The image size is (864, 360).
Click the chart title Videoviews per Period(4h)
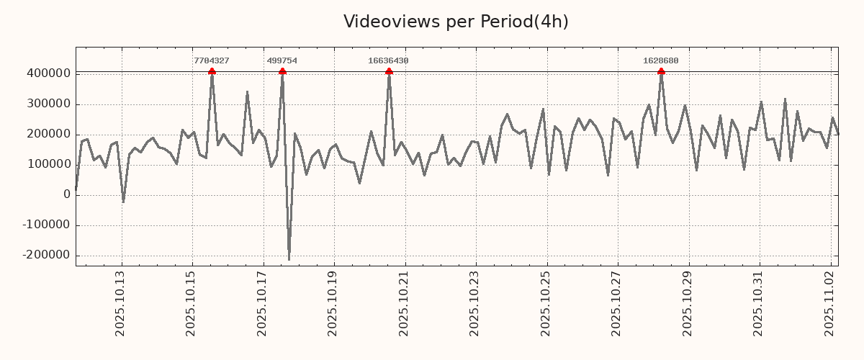point(456,22)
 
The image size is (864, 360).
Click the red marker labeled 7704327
point(212,71)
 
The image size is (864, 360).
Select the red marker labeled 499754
point(282,71)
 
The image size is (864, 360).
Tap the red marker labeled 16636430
point(389,71)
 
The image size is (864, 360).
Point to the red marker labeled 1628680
point(661,71)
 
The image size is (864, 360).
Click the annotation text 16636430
point(388,61)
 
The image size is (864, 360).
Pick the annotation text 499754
point(282,61)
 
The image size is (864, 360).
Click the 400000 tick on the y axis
point(48,73)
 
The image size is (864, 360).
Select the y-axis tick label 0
point(67,194)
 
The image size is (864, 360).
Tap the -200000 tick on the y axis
point(46,255)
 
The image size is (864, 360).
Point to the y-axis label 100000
point(48,164)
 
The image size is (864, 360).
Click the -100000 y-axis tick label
point(46,225)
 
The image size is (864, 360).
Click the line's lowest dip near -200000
point(289,259)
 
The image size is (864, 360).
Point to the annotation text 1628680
point(661,61)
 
